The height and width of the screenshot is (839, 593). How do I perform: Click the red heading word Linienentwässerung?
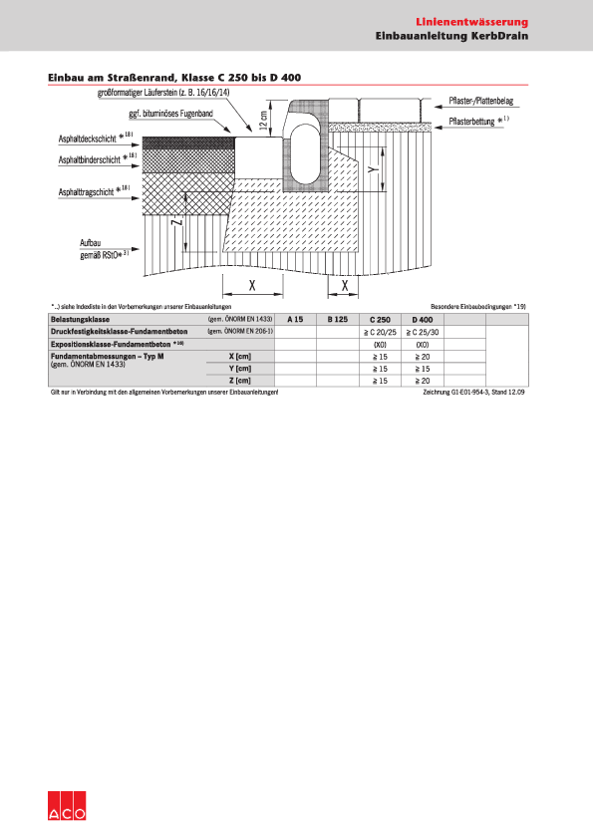point(471,21)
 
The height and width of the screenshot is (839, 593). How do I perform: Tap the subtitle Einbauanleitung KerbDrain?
point(451,36)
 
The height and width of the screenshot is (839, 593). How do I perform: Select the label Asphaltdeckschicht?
point(88,139)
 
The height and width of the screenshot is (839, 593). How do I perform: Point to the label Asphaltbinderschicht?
point(90,159)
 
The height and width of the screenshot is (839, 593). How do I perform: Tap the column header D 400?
point(422,319)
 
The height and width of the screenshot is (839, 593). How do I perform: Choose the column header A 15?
point(295,319)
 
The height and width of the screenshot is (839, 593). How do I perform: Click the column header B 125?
point(337,319)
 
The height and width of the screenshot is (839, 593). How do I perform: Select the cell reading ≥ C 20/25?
point(379,331)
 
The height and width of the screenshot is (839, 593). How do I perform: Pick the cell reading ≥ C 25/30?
point(422,331)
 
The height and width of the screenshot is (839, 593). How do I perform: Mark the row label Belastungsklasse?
point(79,319)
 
